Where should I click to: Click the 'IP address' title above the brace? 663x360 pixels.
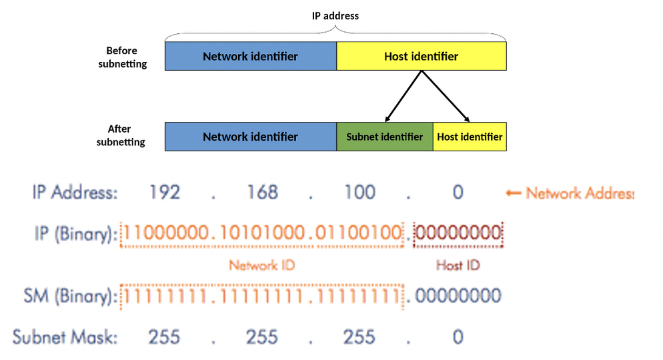tap(336, 15)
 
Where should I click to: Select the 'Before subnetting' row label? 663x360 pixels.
tap(121, 57)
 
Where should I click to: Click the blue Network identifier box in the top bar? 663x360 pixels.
tap(250, 57)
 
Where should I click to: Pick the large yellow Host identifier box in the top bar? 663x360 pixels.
tap(421, 57)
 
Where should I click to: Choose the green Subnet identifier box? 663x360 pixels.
tap(384, 137)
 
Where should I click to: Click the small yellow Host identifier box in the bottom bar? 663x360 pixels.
tap(470, 137)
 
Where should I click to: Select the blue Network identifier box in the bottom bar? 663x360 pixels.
tap(250, 137)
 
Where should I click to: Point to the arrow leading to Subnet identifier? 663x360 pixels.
tap(402, 98)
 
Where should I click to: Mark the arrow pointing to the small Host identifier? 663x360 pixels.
tap(446, 98)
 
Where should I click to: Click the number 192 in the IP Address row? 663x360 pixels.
tap(164, 193)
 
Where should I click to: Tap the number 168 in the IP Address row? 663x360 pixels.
tap(262, 193)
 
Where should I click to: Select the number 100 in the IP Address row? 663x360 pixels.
tap(360, 193)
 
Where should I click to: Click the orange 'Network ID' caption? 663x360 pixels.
tap(262, 265)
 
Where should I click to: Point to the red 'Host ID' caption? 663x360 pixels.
tap(458, 265)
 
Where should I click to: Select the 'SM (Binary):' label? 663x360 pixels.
tap(74, 296)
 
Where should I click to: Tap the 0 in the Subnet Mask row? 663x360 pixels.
tap(458, 337)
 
